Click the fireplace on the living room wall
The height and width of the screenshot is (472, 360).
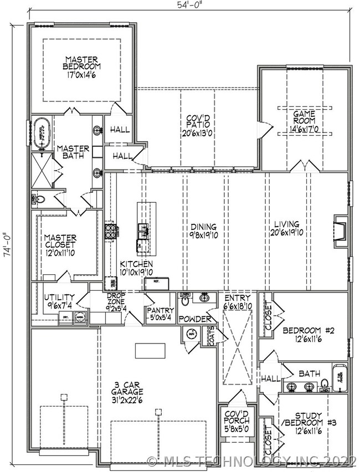[340, 229]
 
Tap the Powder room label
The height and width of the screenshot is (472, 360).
[194, 320]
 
